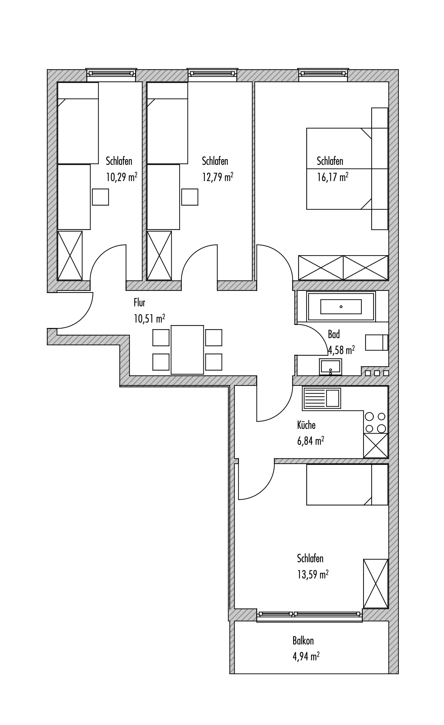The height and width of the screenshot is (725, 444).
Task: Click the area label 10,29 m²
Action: coord(121,177)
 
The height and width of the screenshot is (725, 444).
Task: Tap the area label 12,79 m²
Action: coord(218,177)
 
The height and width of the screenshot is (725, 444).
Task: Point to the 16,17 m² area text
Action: coord(332,177)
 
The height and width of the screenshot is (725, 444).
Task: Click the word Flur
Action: coord(139,302)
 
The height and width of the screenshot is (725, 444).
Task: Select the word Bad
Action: coord(334,334)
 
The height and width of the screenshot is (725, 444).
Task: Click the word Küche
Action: coord(306,424)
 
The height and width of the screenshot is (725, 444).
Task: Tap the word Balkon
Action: coord(303,641)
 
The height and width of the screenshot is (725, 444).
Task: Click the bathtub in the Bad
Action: coord(341,307)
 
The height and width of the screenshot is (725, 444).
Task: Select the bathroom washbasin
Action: coord(330,367)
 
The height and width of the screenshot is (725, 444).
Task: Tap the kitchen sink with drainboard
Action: coord(322,398)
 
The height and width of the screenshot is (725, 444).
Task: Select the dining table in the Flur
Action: coord(187,350)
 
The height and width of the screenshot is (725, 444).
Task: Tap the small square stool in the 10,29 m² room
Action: coord(101,197)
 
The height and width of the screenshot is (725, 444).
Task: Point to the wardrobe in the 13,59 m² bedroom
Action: coord(376,583)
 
